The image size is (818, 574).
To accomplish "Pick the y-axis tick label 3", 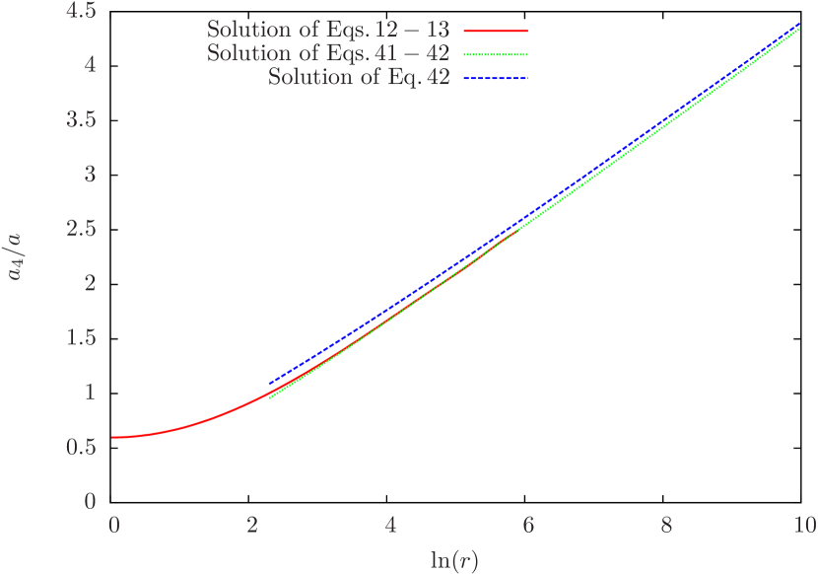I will pyautogui.click(x=90, y=175).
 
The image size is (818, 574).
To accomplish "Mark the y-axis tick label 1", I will pyautogui.click(x=90, y=393).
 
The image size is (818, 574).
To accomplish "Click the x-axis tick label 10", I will pyautogui.click(x=804, y=524).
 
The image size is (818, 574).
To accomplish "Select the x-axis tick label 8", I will pyautogui.click(x=667, y=524).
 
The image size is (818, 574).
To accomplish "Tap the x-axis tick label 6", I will pyautogui.click(x=529, y=524).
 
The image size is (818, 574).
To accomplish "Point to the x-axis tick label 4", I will pyautogui.click(x=391, y=524).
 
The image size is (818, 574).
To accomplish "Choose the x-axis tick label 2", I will pyautogui.click(x=253, y=524).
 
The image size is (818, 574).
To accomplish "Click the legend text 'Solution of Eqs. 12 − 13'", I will pyautogui.click(x=328, y=31).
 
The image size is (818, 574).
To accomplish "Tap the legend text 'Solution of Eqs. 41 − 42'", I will pyautogui.click(x=328, y=53).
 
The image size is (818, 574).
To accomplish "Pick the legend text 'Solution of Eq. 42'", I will pyautogui.click(x=359, y=77).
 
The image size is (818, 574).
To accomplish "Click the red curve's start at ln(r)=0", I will pyautogui.click(x=114, y=437).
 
